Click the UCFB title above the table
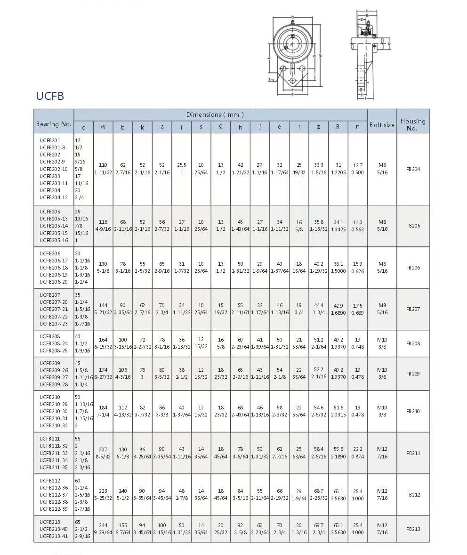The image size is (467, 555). (x=50, y=96)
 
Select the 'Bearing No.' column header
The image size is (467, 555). (x=54, y=124)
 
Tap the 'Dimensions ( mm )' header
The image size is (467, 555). (x=215, y=114)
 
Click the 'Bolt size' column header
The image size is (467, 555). (x=382, y=125)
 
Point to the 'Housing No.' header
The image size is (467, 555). (x=412, y=124)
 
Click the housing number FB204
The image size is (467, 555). (x=413, y=169)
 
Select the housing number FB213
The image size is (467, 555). (x=413, y=529)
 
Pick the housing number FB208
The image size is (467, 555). (x=413, y=343)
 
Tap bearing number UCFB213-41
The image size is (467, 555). (x=53, y=536)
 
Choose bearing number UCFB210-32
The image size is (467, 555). (x=53, y=425)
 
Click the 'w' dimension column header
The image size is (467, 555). (x=103, y=127)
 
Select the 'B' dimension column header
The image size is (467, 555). (x=338, y=127)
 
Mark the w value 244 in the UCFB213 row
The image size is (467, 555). (x=103, y=525)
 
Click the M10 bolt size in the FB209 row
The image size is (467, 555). (x=382, y=370)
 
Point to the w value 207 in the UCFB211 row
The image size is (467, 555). (x=103, y=449)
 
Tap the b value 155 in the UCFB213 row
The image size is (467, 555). (x=123, y=525)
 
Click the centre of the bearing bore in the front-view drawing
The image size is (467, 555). (x=292, y=43)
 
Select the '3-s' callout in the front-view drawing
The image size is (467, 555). (x=271, y=80)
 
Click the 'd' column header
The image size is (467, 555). (x=84, y=127)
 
